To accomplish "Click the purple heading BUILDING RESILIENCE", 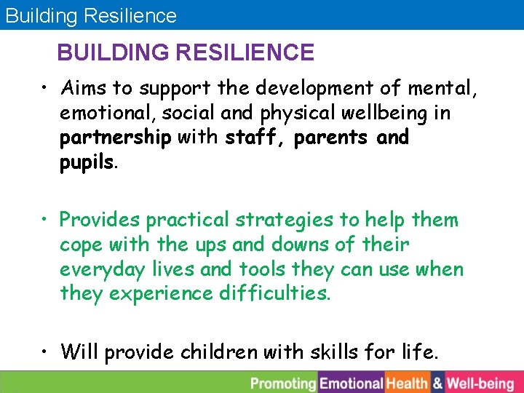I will click(x=186, y=53).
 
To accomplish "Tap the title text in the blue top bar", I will click(x=91, y=15).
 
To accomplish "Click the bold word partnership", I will click(x=116, y=138).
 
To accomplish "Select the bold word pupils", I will click(x=87, y=162).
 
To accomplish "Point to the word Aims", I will click(x=84, y=89).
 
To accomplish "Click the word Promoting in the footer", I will click(x=284, y=383).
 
